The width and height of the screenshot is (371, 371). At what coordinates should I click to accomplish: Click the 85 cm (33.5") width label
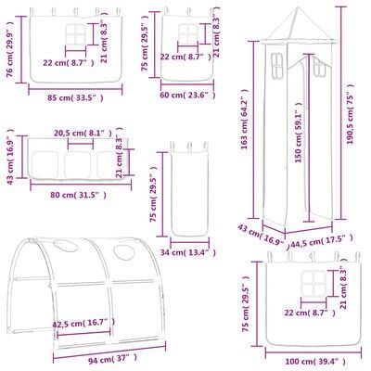(x=75, y=98)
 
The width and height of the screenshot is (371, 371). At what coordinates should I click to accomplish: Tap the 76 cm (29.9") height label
(x=10, y=49)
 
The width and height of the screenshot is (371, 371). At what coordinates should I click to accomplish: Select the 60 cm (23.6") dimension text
(x=187, y=95)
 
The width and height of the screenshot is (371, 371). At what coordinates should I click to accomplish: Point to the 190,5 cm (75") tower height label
(x=350, y=114)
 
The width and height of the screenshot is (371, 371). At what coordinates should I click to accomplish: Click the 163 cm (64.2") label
(x=245, y=120)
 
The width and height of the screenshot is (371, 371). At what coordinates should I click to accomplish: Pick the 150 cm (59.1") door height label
(x=298, y=133)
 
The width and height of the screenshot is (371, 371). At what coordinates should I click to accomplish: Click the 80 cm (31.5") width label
(x=79, y=195)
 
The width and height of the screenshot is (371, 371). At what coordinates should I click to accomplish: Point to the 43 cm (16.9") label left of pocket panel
(x=10, y=157)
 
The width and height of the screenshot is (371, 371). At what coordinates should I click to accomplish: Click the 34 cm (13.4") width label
(x=188, y=253)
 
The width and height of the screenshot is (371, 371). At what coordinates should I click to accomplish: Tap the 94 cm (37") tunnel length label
(x=112, y=360)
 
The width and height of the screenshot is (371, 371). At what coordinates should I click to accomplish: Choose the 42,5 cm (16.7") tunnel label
(x=83, y=323)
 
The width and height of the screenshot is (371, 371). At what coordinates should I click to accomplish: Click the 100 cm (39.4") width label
(x=314, y=362)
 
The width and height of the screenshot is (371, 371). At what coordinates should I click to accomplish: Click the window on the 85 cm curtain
(x=75, y=34)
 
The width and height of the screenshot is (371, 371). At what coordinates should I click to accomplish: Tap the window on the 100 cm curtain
(x=314, y=283)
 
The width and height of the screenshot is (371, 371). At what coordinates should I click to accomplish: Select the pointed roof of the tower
(x=298, y=26)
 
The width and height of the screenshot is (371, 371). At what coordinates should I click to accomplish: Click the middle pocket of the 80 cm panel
(x=77, y=165)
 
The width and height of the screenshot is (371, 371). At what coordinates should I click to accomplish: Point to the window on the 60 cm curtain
(x=188, y=33)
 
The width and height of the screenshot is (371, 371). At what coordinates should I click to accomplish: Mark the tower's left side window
(x=277, y=66)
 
